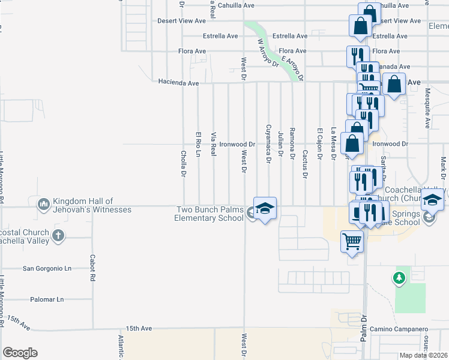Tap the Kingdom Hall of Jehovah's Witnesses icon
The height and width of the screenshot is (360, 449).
click(43, 205)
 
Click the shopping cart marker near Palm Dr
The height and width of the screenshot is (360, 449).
click(352, 242)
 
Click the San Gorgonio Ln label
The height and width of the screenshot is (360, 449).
click(47, 268)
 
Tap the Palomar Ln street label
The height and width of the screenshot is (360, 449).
click(47, 299)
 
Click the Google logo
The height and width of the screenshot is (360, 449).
click(20, 353)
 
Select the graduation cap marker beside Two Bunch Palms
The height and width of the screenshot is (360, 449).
click(265, 208)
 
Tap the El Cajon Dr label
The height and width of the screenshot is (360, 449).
click(320, 144)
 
